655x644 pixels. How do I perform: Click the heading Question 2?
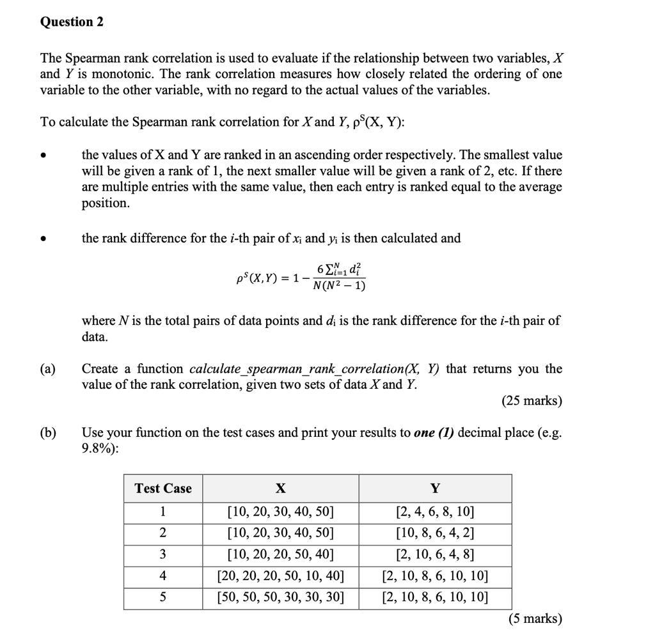[x=72, y=22]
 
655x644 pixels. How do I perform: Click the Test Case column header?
[x=163, y=489]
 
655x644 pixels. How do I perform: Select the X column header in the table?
[x=280, y=489]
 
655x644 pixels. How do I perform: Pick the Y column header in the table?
[x=435, y=489]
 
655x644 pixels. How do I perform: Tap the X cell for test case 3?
[x=280, y=554]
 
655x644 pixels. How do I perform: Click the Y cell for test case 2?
[x=435, y=533]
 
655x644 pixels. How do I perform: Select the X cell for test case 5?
[x=280, y=598]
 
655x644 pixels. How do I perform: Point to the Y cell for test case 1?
[x=435, y=512]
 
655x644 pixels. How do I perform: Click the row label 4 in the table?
[x=163, y=576]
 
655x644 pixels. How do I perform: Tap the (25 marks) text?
[x=532, y=401]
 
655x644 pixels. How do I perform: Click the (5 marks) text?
[x=535, y=618]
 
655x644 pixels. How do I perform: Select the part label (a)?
[x=48, y=369]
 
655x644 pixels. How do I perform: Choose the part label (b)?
[x=48, y=433]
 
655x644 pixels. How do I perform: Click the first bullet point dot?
[x=43, y=155]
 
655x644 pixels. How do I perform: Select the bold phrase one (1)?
[x=434, y=433]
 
